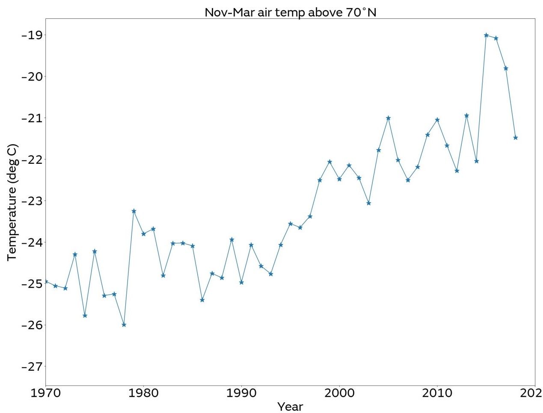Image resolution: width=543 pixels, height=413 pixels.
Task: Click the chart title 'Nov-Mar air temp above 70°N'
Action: point(290,12)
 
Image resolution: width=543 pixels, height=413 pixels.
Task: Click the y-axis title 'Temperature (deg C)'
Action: point(12,202)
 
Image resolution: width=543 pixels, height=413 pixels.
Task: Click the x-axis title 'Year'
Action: point(290,406)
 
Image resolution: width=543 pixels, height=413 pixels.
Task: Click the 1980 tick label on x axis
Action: point(143,392)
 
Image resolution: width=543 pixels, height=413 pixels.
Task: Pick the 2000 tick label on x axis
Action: point(339,392)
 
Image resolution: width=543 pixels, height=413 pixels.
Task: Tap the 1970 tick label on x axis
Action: point(45,392)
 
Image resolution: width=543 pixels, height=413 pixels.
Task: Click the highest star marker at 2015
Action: point(486,35)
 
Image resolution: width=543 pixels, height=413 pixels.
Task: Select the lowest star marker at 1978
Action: point(124,324)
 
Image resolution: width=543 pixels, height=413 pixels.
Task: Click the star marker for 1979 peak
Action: point(134,211)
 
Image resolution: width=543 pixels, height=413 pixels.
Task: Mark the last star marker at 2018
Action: point(516,138)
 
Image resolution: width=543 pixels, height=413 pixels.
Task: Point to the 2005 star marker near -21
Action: point(388,118)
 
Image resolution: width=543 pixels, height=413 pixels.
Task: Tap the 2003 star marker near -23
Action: point(368,203)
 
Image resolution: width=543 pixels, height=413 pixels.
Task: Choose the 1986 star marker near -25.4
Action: point(202,300)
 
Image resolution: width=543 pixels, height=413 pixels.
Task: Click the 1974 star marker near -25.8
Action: point(85,316)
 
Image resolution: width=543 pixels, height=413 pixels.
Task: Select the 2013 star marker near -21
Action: point(466,115)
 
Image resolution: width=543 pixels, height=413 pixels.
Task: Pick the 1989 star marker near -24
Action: point(231,239)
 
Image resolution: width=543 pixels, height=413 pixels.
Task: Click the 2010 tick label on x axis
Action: point(437,392)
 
